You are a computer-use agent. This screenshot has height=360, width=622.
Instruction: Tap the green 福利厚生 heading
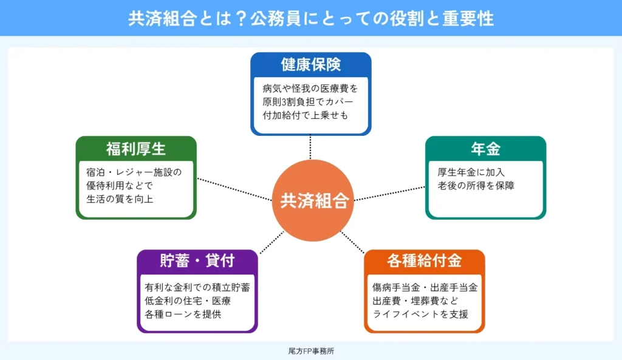[136, 149]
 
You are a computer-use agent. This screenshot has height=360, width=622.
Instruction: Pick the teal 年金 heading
[485, 149]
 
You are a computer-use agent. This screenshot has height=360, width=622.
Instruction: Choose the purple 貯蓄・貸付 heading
[197, 261]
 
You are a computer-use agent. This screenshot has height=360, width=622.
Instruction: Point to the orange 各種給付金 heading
[425, 261]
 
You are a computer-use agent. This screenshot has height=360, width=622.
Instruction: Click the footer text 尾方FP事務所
[311, 351]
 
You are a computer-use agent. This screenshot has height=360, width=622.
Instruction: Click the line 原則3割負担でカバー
[307, 101]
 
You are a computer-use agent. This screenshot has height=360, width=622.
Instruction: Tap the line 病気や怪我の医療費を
[310, 87]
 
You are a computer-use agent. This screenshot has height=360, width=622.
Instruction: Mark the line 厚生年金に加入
[471, 172]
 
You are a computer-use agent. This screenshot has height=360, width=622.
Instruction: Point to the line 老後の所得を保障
[476, 186]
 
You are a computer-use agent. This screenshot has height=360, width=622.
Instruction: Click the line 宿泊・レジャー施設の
[134, 172]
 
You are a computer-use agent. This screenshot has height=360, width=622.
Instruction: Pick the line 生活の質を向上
[120, 199]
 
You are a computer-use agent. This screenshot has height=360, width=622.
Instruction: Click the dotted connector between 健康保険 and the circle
[311, 147]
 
